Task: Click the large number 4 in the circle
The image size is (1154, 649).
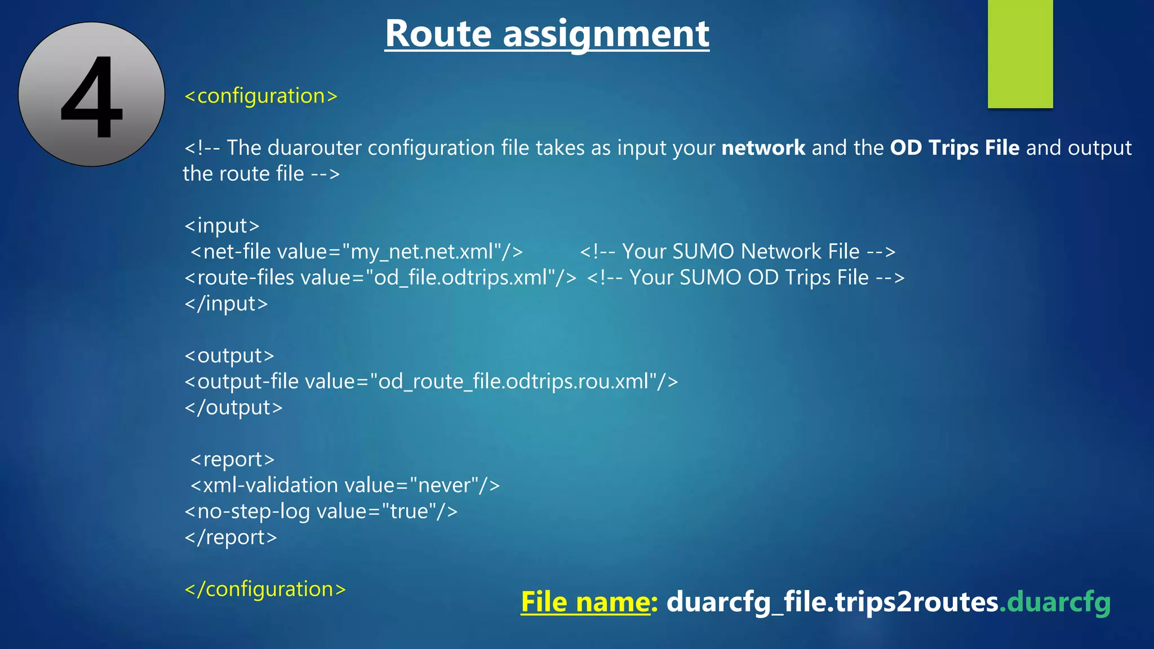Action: point(92,96)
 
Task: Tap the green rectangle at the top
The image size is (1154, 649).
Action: point(1020,54)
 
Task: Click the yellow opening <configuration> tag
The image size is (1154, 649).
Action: point(261,96)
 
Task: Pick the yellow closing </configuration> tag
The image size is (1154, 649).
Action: point(265,589)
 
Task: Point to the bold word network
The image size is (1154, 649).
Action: point(763,148)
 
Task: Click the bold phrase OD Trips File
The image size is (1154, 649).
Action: point(955,148)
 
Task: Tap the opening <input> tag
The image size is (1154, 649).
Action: point(222,225)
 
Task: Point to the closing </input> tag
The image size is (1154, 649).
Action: point(226,304)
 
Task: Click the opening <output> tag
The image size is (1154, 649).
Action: point(229,355)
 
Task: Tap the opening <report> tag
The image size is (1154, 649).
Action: point(232,459)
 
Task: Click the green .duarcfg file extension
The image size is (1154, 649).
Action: point(1055,602)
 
